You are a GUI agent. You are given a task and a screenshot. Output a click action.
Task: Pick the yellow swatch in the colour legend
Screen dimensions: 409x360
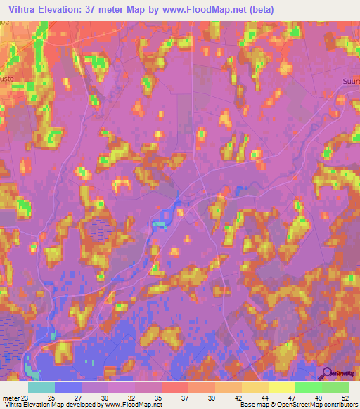(x=281, y=387)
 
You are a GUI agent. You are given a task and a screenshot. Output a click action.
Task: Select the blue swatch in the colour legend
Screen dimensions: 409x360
(x=67, y=387)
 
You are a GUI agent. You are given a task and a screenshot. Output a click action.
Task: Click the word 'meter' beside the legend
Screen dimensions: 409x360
(x=11, y=397)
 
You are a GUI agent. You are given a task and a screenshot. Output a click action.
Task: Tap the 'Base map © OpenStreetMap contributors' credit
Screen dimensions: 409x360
(x=298, y=405)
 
